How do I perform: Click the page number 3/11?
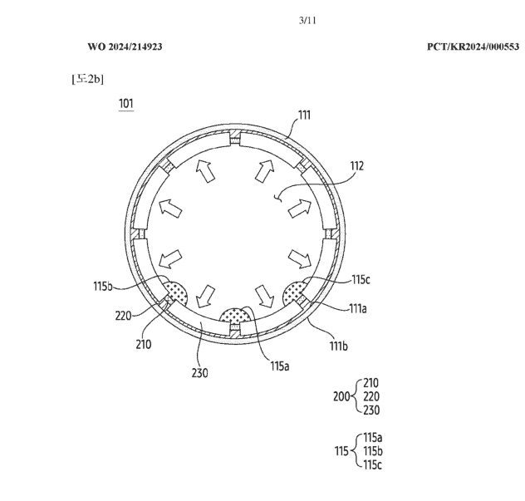pos(307,21)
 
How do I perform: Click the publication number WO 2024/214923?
pos(125,47)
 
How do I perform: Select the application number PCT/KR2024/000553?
pos(473,47)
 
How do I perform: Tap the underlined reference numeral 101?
pos(126,104)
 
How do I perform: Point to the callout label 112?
pos(357,166)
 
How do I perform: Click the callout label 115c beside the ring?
pos(361,280)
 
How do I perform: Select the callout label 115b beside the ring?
pos(103,287)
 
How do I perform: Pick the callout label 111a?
pos(358,308)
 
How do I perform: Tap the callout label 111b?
pos(338,346)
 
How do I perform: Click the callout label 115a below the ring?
pos(280,366)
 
